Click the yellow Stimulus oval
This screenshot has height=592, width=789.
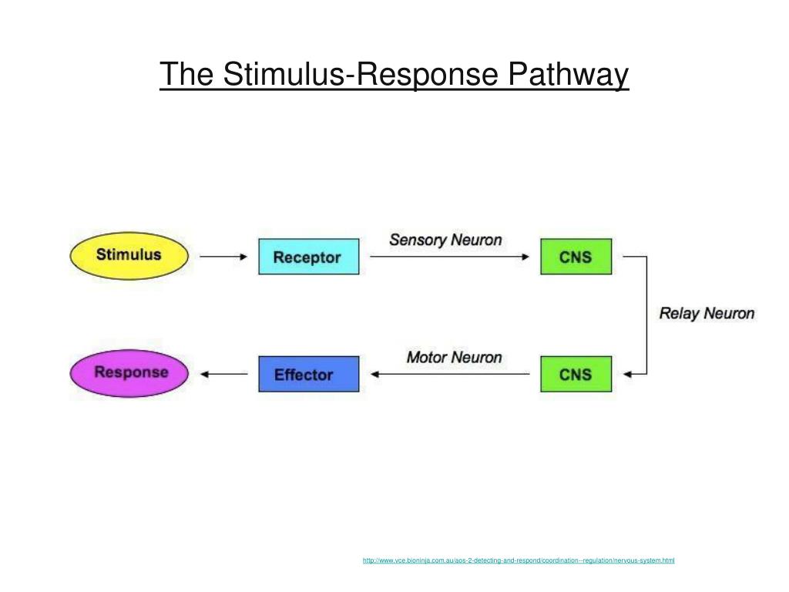point(129,256)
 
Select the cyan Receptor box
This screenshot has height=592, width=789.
point(308,257)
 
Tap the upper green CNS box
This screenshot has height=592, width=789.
point(576,257)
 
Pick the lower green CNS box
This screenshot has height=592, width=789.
point(576,374)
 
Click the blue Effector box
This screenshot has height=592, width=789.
point(308,374)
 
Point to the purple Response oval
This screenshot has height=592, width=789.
point(130,373)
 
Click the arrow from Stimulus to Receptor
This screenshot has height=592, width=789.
point(223,257)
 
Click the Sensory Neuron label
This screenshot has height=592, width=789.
point(445,240)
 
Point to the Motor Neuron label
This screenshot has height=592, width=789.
point(454,358)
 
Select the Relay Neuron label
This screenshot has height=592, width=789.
point(707,314)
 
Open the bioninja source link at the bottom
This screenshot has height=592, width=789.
point(519,560)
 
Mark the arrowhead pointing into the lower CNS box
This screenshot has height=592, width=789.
point(626,375)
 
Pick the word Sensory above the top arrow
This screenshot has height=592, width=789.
point(418,240)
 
